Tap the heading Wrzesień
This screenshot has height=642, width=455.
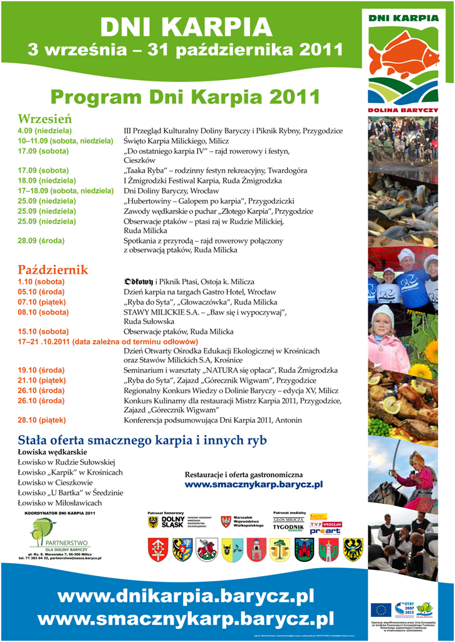[x=44, y=118]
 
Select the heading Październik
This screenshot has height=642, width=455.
[x=53, y=270]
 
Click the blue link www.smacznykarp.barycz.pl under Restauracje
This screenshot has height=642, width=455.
[x=253, y=484]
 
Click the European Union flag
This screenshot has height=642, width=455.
[x=380, y=609]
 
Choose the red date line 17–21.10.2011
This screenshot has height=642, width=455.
[x=108, y=341]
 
